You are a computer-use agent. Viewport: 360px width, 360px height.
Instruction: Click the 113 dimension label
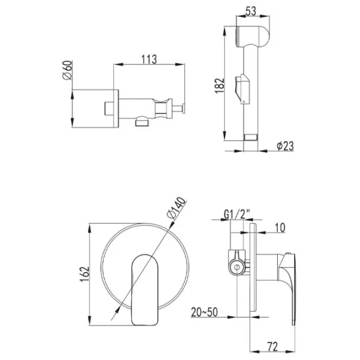149,59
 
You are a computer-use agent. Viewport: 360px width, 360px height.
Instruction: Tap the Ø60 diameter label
67,70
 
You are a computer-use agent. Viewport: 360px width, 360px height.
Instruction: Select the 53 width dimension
251,11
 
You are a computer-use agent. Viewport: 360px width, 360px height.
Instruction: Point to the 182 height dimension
220,85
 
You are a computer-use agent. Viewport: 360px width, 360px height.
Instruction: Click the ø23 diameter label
285,146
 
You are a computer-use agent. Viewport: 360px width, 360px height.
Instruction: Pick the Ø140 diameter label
176,208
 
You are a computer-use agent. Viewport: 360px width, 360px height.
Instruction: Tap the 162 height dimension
84,274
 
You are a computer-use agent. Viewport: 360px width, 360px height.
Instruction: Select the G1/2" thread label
237,214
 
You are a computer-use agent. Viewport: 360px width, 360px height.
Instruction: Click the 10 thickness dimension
280,227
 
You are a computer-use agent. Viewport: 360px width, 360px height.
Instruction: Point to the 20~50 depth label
204,312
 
